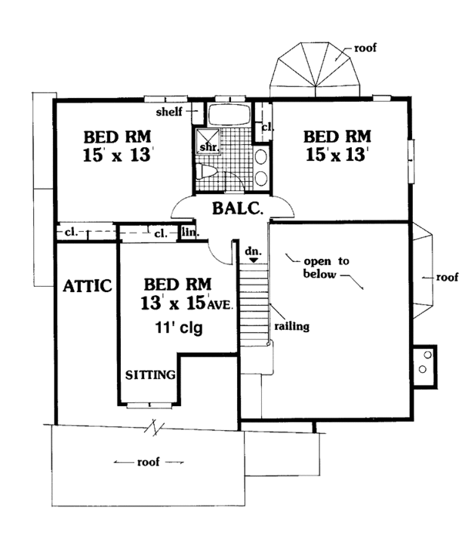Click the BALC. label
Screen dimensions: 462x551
[x=237, y=208]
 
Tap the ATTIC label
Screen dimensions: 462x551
[x=88, y=286]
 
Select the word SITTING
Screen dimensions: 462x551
[x=150, y=375]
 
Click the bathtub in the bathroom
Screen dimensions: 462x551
[x=229, y=114]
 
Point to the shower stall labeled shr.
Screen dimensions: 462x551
[x=208, y=141]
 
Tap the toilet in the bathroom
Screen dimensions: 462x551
[x=206, y=172]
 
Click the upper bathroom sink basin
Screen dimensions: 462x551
[x=261, y=157]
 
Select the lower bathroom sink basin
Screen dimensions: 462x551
[x=261, y=178]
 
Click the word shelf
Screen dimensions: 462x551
[x=169, y=112]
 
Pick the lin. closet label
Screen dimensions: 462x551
[x=190, y=232]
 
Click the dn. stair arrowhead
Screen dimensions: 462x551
[x=254, y=260]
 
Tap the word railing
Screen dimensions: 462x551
[x=292, y=327]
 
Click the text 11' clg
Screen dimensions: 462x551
[x=179, y=328]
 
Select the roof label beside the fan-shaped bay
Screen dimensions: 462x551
[x=365, y=48]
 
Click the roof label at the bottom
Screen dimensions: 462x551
[x=149, y=462]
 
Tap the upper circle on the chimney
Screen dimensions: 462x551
[x=427, y=355]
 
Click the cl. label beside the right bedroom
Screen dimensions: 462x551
[x=267, y=127]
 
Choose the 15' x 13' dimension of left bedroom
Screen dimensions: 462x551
[x=117, y=155]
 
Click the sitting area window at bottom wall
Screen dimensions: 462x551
[x=150, y=405]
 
